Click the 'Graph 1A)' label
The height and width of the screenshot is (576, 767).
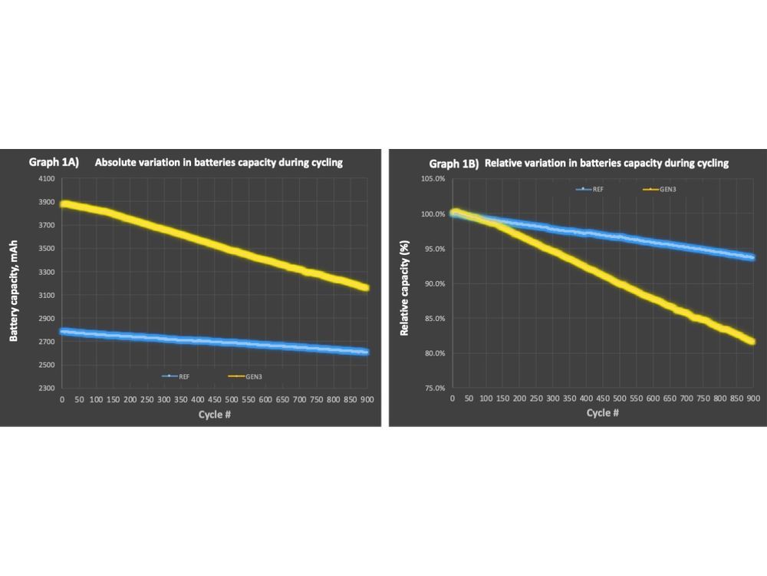pyautogui.click(x=54, y=162)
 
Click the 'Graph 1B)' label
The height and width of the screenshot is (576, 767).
pyautogui.click(x=454, y=164)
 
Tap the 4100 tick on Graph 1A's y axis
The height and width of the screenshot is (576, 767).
pyautogui.click(x=47, y=179)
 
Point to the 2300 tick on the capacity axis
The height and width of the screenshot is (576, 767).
pyautogui.click(x=47, y=388)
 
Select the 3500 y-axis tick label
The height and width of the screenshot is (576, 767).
pyautogui.click(x=47, y=248)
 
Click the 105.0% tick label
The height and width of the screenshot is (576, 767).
pyautogui.click(x=433, y=179)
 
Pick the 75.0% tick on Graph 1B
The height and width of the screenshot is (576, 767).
pyautogui.click(x=435, y=388)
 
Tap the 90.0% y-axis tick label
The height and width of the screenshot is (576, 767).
pyautogui.click(x=435, y=283)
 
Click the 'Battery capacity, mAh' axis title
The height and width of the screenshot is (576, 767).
pyautogui.click(x=14, y=291)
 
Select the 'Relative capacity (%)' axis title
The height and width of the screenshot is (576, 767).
pyautogui.click(x=404, y=288)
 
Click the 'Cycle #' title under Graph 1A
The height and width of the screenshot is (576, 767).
pyautogui.click(x=214, y=415)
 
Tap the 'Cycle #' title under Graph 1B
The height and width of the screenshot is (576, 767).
pyautogui.click(x=603, y=413)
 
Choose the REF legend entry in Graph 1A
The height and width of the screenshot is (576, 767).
pyautogui.click(x=176, y=376)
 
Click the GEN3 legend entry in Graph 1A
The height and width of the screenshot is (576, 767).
pyautogui.click(x=245, y=376)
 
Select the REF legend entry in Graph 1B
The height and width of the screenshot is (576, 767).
pyautogui.click(x=589, y=189)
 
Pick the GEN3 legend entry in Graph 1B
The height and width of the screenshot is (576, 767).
pyautogui.click(x=660, y=189)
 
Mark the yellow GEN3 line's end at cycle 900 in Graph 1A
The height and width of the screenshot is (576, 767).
pyautogui.click(x=366, y=288)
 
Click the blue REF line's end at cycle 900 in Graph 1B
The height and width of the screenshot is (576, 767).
pyautogui.click(x=752, y=257)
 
